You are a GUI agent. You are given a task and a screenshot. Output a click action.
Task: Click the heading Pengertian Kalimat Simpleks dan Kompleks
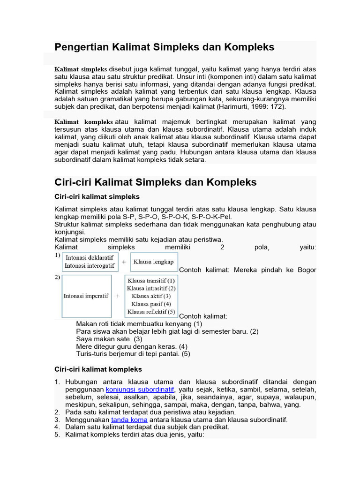click(164, 47)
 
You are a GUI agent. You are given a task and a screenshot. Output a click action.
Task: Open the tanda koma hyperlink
click(129, 420)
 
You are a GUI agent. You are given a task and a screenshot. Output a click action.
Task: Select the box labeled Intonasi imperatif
click(86, 296)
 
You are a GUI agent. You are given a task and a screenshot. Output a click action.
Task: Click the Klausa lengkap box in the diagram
click(153, 262)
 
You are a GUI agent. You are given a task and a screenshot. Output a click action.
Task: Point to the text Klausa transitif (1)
click(151, 281)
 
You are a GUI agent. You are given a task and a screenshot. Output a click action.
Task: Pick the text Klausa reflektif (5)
click(151, 312)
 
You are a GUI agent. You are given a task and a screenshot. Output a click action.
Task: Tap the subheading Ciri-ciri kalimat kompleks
click(98, 369)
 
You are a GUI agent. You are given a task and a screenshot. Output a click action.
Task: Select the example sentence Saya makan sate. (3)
click(109, 339)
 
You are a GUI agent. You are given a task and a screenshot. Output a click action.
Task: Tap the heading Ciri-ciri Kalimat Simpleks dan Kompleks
click(156, 182)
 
